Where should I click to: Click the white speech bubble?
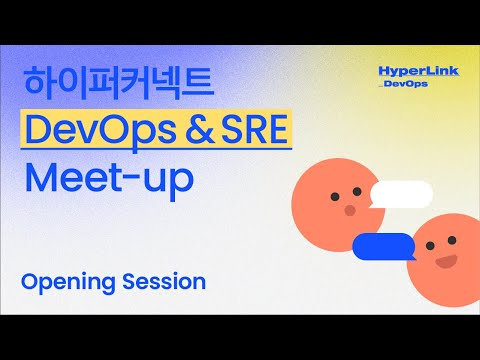tap(399, 193)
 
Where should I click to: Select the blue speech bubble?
tap(383, 244)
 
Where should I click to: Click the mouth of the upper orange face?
tap(350, 210)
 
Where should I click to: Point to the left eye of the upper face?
tap(335, 192)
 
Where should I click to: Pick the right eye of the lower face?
tap(455, 243)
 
